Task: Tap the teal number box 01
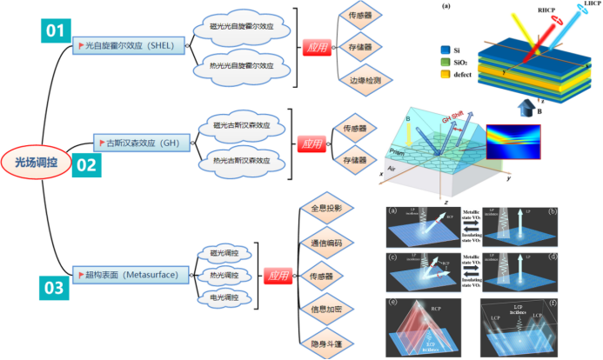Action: tap(57, 32)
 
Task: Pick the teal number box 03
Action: tap(56, 285)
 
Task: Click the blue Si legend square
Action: tap(445, 50)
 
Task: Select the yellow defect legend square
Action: tap(445, 75)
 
